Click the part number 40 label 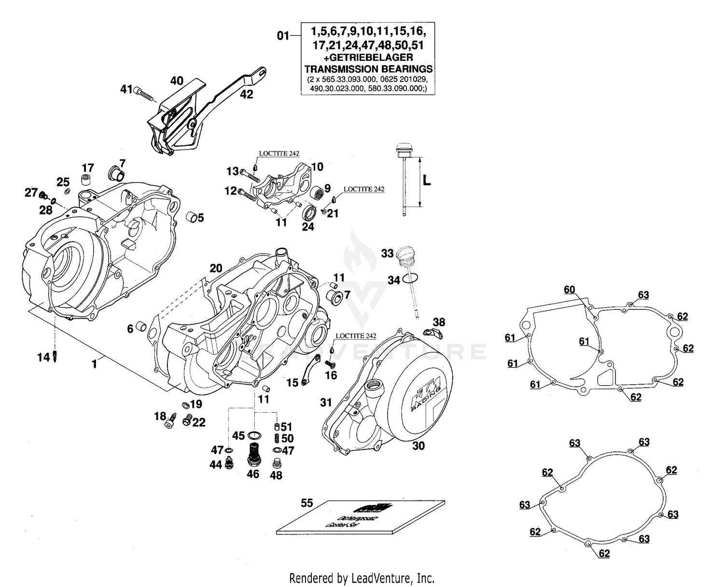coord(177,81)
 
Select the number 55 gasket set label coord(307,503)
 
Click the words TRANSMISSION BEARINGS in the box coord(368,69)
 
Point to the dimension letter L coord(427,181)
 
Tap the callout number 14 coord(43,357)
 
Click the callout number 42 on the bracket coord(246,95)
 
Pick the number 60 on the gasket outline coord(570,290)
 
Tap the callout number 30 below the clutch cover coord(418,446)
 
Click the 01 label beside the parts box coord(283,35)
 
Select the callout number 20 coord(216,268)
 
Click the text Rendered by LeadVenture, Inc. coord(362,577)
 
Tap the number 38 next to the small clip coord(439,322)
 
